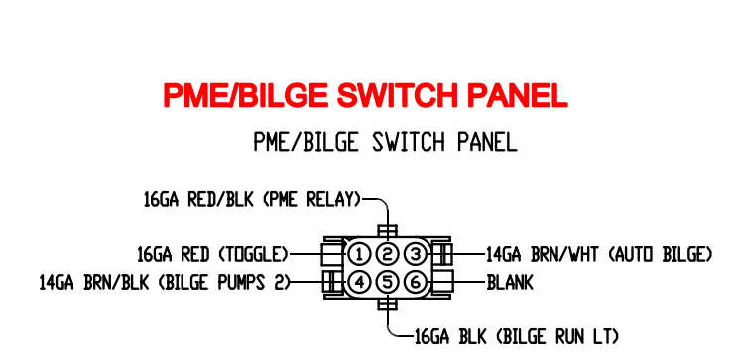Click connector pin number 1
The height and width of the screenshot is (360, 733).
click(360, 254)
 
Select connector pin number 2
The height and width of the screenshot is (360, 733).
click(388, 254)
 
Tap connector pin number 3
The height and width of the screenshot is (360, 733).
click(416, 254)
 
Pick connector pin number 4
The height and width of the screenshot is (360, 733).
click(360, 282)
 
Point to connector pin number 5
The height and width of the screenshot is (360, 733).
click(388, 282)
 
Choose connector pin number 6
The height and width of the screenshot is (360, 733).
click(416, 282)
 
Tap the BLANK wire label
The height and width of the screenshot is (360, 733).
click(510, 283)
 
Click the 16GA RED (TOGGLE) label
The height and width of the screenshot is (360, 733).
click(212, 255)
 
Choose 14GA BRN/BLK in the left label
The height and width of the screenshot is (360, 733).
click(93, 283)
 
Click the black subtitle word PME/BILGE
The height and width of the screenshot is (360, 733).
click(298, 142)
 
